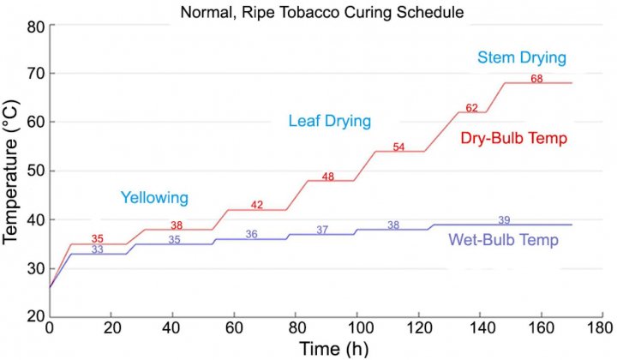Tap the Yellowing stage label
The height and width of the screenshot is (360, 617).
pos(154,198)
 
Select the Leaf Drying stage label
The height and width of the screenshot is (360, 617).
pos(329,122)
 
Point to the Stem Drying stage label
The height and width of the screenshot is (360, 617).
pos(522,58)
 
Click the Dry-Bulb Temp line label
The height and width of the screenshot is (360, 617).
pos(514,137)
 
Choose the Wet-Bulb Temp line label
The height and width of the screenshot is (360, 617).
pos(504,240)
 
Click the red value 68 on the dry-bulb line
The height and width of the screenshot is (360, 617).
pos(536,79)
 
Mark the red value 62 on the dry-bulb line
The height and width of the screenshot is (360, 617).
pos(471,108)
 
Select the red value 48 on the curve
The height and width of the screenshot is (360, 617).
pos(328,177)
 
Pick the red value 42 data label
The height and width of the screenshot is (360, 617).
pos(257,205)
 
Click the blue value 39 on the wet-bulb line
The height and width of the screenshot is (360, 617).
pos(504,219)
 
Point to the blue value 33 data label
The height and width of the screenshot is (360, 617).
pos(98,249)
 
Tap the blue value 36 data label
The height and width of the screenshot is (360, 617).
pos(251,234)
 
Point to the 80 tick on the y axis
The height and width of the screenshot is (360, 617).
pos(34,26)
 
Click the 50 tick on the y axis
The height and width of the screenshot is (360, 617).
pos(34,171)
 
